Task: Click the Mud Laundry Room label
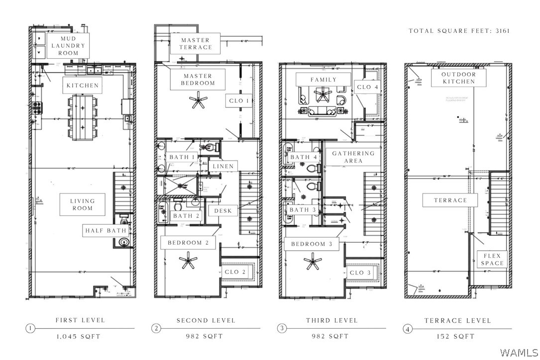pyautogui.click(x=69, y=46)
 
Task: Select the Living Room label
pyautogui.click(x=83, y=204)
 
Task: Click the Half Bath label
pyautogui.click(x=106, y=231)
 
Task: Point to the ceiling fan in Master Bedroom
pyautogui.click(x=199, y=100)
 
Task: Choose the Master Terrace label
pyautogui.click(x=196, y=44)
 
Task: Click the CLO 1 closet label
pyautogui.click(x=238, y=101)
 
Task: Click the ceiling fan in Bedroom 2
pyautogui.click(x=188, y=261)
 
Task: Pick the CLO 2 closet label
pyautogui.click(x=235, y=272)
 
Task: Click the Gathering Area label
pyautogui.click(x=353, y=157)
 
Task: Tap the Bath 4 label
pyautogui.click(x=304, y=157)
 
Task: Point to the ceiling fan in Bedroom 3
pyautogui.click(x=313, y=261)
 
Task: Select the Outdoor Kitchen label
pyautogui.click(x=458, y=78)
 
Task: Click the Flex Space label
pyautogui.click(x=493, y=260)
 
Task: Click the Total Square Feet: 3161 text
pyautogui.click(x=459, y=31)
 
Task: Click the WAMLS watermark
pyautogui.click(x=518, y=352)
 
